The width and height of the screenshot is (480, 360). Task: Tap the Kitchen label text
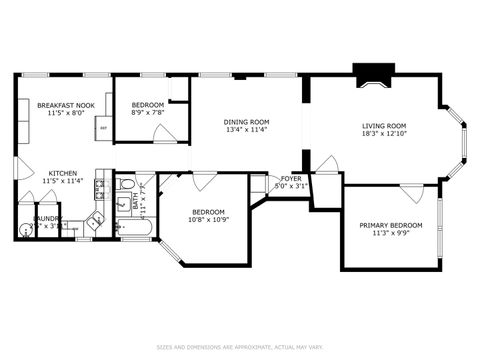62,174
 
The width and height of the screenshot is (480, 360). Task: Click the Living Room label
385,126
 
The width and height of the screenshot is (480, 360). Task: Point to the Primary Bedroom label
391,225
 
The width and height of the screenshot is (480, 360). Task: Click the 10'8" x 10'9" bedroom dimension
207,219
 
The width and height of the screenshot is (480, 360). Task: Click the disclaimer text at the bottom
240,347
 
